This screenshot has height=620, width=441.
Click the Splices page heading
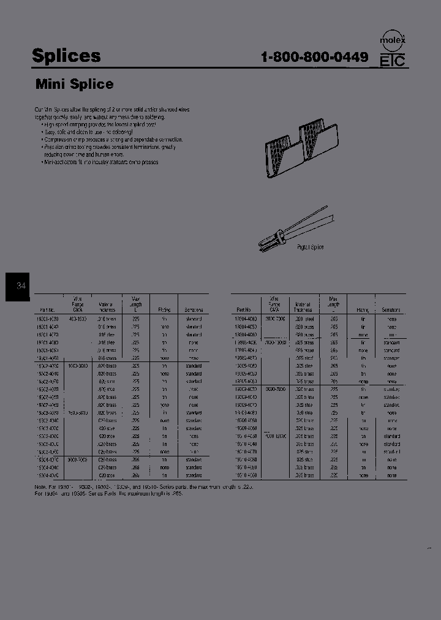[66, 56]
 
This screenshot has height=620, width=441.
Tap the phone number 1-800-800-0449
[314, 57]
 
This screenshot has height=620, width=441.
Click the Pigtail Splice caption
[310, 247]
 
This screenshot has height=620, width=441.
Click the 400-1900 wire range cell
[77, 319]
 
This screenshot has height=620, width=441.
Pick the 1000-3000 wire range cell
[77, 366]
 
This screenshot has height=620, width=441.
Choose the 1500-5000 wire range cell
[77, 413]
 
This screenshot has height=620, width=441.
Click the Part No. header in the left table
[47, 310]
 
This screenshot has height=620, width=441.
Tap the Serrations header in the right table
[390, 310]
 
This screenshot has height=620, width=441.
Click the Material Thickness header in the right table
[303, 307]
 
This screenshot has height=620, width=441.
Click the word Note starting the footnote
[40, 486]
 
